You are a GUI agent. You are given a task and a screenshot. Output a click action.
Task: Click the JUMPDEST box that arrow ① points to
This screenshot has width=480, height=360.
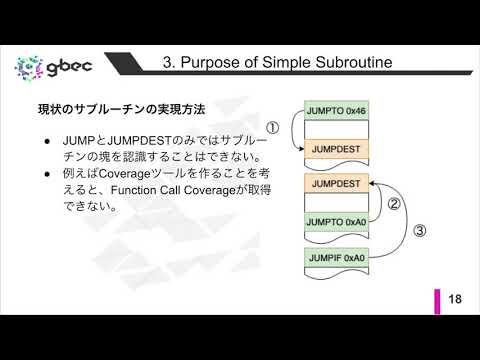coord(335,150)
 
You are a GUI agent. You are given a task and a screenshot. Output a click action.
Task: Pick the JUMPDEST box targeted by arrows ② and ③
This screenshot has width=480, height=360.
coord(335,185)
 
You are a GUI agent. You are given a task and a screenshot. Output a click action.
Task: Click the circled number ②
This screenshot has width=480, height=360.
coord(394,205)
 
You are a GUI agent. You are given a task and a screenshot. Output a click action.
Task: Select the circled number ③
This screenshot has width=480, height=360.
coord(420,230)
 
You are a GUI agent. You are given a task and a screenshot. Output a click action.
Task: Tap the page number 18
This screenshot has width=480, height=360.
coord(455,299)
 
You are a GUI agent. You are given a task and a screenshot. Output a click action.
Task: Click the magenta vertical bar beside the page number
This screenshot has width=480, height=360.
coord(438,299)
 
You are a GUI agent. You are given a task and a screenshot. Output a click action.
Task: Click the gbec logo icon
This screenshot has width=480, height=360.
coord(28,68)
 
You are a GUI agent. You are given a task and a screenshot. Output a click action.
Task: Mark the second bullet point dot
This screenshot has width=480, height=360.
coord(47,173)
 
